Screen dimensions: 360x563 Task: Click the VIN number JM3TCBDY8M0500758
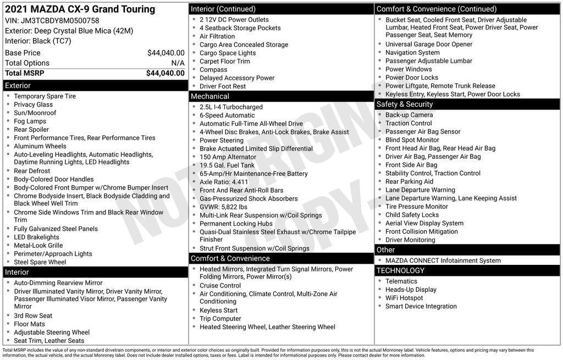(x=60, y=20)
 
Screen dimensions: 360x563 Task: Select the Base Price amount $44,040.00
(x=165, y=53)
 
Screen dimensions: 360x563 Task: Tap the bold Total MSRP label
(x=25, y=73)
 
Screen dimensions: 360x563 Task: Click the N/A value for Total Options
(x=178, y=63)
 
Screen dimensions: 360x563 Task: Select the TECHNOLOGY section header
(x=400, y=270)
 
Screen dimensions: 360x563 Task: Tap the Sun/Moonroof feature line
(x=35, y=113)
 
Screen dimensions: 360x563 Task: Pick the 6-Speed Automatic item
(x=227, y=115)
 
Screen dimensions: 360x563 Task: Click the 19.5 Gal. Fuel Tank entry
(x=227, y=165)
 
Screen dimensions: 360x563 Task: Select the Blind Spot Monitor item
(x=412, y=140)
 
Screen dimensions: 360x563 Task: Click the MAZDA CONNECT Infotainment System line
(x=443, y=261)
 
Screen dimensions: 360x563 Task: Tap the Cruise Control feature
(x=220, y=285)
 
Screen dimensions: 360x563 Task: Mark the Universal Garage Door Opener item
(x=428, y=45)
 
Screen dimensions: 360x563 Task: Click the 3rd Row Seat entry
(x=33, y=315)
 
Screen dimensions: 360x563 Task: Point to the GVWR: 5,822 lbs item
(x=223, y=207)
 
